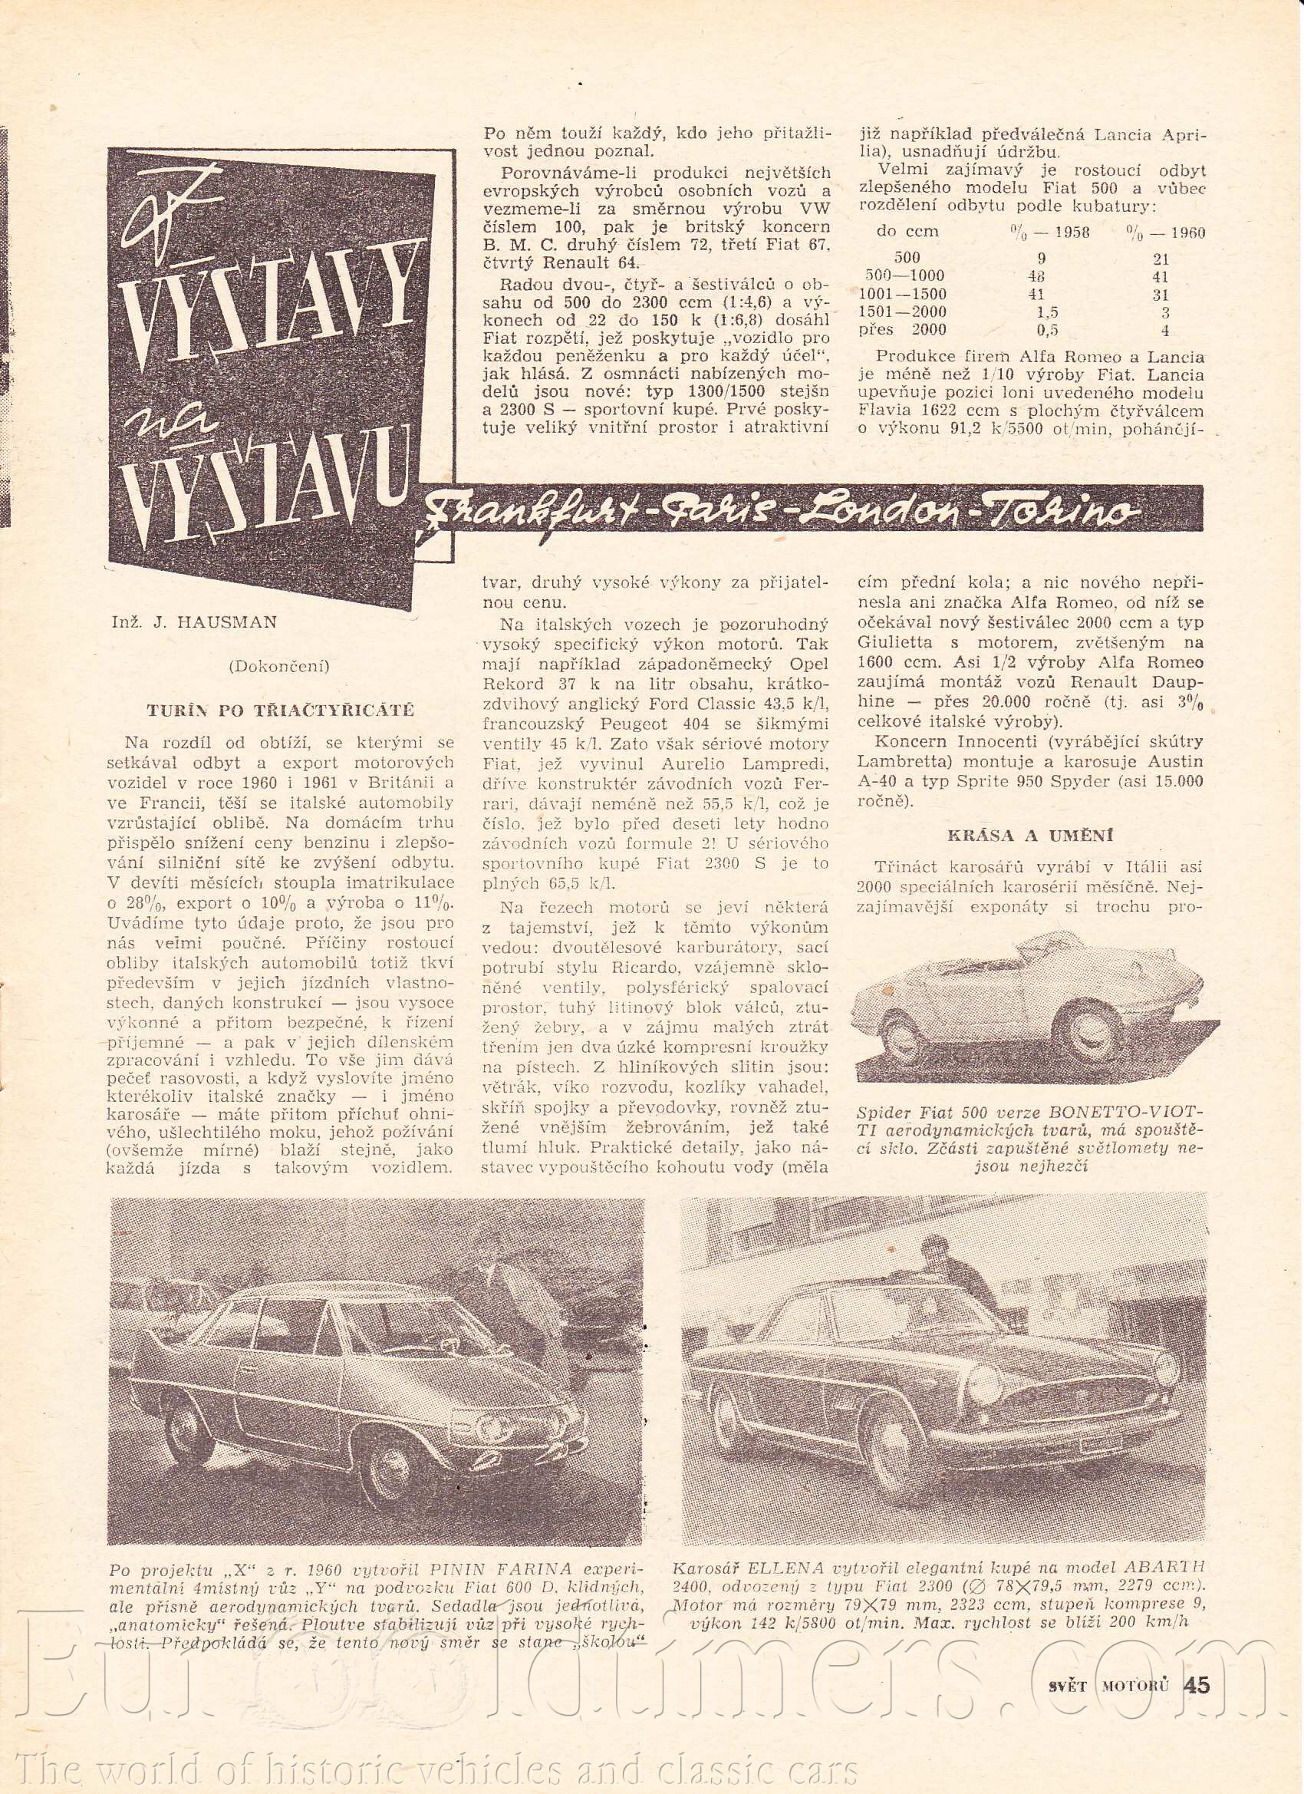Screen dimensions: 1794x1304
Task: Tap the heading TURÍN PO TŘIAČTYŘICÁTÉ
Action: pos(280,710)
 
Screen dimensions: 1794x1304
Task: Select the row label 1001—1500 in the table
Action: pos(908,294)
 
